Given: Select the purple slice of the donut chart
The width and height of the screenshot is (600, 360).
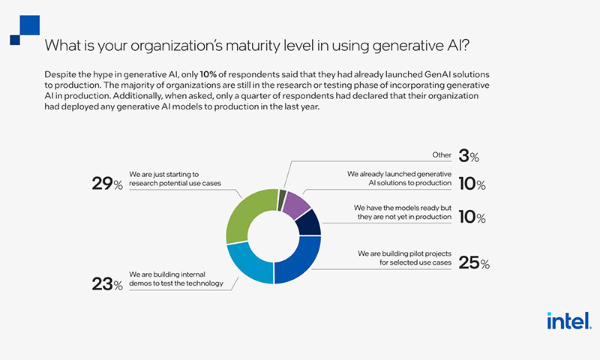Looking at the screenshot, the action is coord(298,205).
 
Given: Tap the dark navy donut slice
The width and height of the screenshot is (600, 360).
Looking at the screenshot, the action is coord(310,223).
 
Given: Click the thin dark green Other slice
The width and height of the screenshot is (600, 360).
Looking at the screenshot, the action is coord(283,199).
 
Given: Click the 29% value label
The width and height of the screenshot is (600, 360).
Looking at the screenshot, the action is coord(107,184).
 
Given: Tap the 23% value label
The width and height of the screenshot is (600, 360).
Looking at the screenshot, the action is coord(107,283).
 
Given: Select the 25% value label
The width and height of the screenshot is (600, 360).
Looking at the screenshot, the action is coord(474,262).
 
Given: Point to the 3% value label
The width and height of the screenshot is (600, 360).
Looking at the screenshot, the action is coord(469,156).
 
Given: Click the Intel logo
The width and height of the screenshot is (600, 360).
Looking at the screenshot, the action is coord(569,320).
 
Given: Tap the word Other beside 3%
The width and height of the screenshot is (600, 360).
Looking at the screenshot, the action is coord(442,155).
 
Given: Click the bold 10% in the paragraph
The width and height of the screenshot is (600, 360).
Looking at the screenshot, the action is coord(208,74).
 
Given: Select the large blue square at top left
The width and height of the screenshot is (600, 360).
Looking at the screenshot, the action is coord(30,25).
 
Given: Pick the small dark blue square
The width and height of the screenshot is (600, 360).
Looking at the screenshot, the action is coord(15,40).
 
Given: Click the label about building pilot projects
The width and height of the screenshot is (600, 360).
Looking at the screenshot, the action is coord(404,258).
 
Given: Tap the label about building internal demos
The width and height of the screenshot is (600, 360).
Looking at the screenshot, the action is coord(176,279).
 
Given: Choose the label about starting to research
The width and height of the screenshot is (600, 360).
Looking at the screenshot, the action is coord(175,178).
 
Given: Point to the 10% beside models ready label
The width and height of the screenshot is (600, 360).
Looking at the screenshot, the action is coord(472,217).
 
